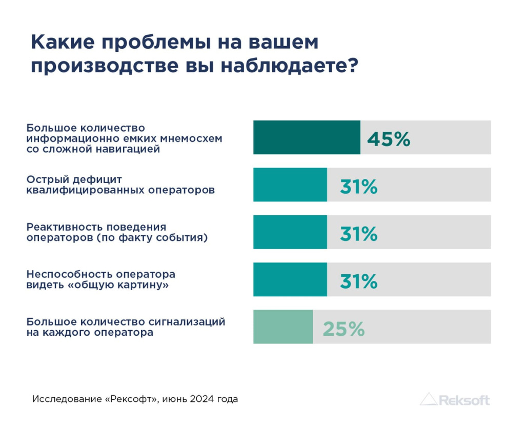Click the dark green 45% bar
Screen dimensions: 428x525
point(307,137)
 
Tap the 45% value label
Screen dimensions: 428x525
point(389,139)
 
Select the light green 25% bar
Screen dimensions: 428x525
point(283,327)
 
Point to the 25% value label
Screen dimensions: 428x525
point(344,329)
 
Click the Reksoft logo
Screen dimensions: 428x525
point(455,399)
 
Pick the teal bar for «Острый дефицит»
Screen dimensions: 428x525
point(290,185)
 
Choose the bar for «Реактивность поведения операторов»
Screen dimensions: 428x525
point(290,232)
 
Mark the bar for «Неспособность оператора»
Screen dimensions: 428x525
point(290,279)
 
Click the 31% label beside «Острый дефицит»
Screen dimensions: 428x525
point(358,187)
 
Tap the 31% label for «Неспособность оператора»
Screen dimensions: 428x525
point(358,282)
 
